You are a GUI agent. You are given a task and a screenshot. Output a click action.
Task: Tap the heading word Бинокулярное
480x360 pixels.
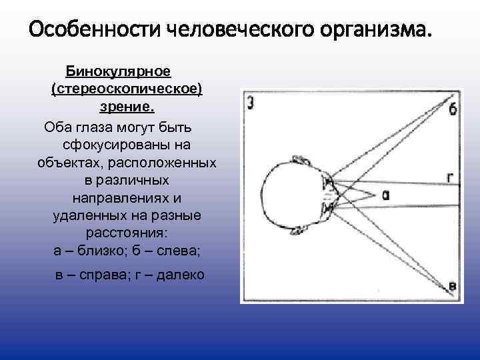coord(119,71)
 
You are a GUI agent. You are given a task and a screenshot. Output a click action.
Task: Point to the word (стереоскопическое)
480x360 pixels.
coord(126,89)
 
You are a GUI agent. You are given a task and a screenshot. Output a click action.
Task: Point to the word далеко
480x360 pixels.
coord(181,275)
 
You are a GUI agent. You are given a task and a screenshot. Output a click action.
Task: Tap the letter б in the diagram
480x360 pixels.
coord(453,109)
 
